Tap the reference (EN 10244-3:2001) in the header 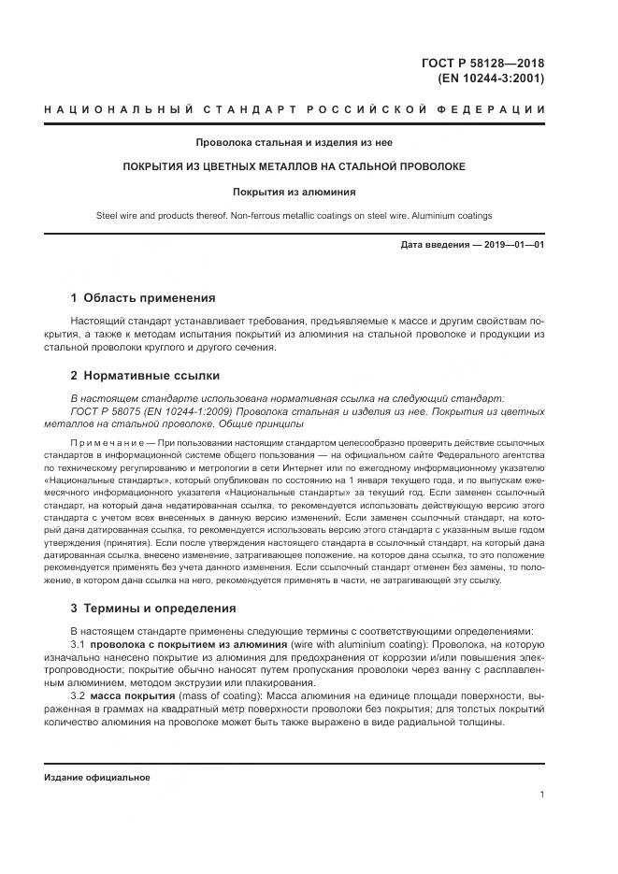[x=491, y=79]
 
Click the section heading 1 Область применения [x=143, y=298]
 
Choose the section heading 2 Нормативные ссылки [x=145, y=375]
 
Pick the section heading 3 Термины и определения [x=153, y=608]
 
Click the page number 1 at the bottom [x=542, y=794]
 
